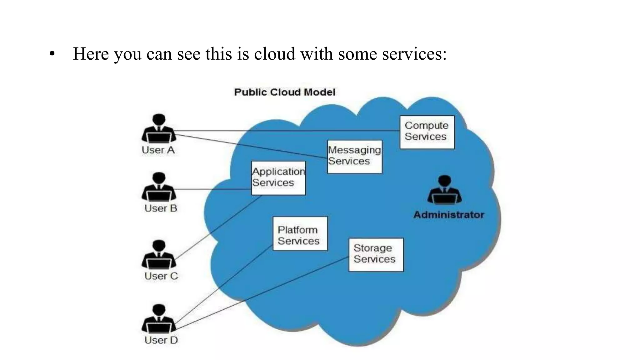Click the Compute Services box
tap(427, 132)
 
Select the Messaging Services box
tap(354, 157)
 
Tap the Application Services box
tap(278, 178)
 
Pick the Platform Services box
tap(300, 233)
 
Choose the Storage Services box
tap(376, 255)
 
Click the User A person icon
tap(159, 128)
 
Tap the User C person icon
tap(159, 254)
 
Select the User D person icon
tap(159, 318)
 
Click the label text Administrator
tap(448, 215)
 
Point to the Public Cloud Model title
tap(284, 92)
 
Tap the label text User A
tap(158, 150)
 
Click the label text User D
tap(161, 340)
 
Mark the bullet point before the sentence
tap(52, 54)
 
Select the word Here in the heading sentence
tap(91, 54)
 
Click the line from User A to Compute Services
tap(281, 131)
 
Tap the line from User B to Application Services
tap(212, 189)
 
